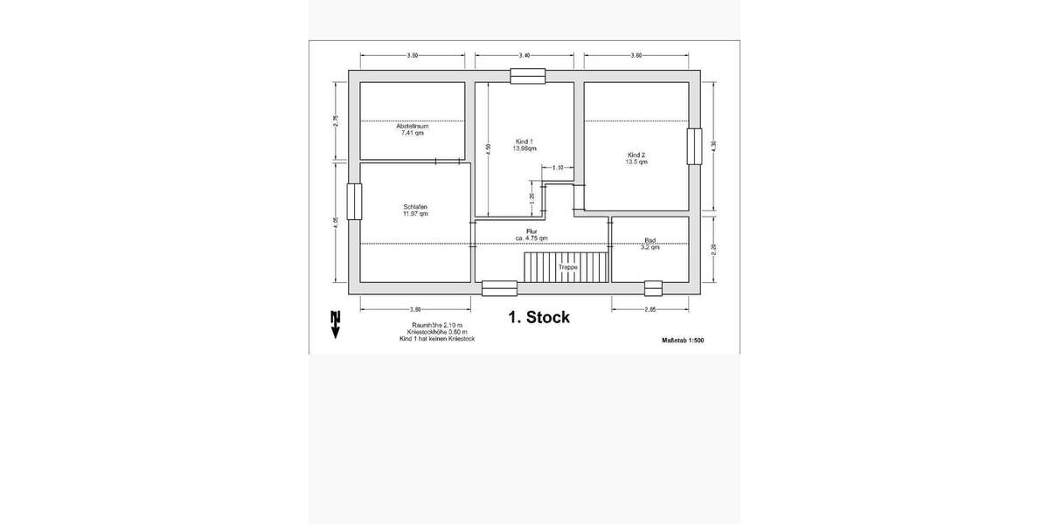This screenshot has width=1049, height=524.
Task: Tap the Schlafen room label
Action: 415,207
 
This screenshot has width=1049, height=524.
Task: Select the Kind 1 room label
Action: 524,141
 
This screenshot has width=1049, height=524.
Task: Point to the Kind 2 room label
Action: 636,155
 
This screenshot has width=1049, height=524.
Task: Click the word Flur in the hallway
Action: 531,231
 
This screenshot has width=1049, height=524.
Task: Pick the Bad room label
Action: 650,240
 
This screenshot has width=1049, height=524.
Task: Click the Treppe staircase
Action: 566,266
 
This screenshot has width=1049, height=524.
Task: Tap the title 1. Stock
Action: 538,317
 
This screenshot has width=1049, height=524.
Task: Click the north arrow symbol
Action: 335,323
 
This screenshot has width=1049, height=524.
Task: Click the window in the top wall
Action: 527,77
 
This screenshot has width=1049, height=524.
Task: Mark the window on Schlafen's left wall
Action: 354,202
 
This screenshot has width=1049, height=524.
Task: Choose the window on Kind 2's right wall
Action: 694,146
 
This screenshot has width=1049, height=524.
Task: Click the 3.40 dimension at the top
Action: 524,55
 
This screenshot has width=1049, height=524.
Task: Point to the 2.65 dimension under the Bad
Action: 650,309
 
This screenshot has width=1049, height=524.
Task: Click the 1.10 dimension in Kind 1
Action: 557,167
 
